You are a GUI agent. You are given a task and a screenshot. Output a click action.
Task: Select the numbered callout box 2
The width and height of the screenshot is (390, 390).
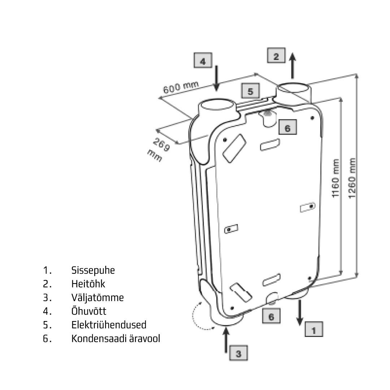276,56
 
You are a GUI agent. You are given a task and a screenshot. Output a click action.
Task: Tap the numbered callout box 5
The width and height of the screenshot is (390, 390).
251,91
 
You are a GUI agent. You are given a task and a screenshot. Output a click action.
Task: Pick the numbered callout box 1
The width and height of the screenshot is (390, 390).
313,329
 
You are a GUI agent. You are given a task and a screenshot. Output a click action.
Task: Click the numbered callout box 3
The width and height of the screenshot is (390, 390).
239,353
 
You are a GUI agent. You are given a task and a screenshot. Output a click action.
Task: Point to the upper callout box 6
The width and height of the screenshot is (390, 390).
287,127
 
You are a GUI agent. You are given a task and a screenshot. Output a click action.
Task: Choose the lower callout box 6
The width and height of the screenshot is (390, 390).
271,317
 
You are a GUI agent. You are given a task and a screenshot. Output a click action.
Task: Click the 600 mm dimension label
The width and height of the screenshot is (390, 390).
181,88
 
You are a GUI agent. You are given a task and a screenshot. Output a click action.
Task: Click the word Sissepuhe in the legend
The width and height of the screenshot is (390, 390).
93,270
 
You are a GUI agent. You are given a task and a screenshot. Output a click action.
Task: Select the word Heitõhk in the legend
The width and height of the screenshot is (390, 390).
88,284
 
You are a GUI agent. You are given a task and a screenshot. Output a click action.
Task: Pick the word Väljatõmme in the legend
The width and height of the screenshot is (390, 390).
97,298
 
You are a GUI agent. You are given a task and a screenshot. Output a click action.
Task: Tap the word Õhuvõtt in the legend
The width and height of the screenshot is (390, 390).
89,311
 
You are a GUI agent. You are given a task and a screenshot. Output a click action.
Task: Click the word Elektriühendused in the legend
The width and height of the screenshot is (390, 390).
109,325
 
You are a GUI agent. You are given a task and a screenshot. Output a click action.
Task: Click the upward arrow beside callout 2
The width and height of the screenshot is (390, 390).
293,65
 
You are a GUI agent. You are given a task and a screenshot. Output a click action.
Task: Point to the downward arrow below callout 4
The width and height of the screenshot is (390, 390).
216,77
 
